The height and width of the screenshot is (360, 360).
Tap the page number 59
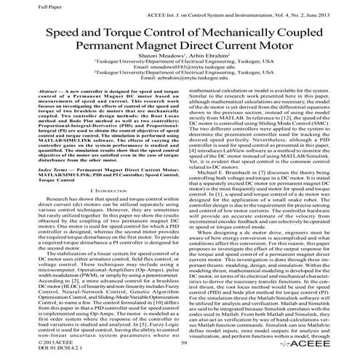(x=180, y=346)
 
